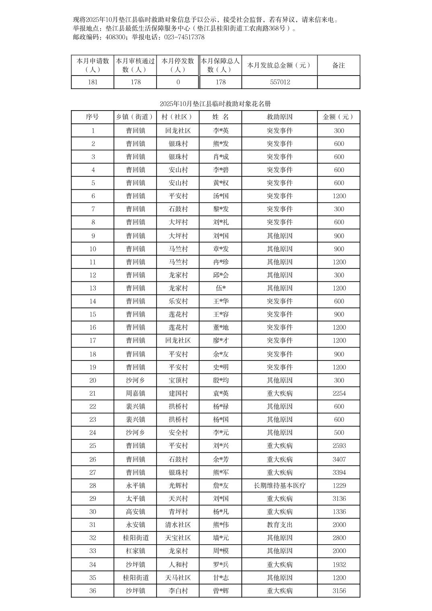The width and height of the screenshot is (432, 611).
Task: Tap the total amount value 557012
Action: click(280, 82)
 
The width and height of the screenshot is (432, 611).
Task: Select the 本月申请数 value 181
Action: click(93, 82)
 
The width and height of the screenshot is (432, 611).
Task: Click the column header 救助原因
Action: click(280, 117)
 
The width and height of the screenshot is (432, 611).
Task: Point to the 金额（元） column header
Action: click(339, 117)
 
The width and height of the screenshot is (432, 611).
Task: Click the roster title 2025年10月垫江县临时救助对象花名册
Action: click(215, 104)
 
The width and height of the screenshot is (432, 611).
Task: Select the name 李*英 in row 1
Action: click(220, 131)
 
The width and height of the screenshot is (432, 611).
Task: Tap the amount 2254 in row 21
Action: click(339, 394)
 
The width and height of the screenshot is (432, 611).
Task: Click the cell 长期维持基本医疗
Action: click(280, 486)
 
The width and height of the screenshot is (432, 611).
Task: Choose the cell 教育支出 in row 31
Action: click(280, 525)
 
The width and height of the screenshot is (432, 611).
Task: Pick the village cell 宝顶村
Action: click(178, 380)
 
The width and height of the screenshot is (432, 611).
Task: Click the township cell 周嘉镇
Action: click(135, 394)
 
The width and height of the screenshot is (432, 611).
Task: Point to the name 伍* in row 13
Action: click(220, 288)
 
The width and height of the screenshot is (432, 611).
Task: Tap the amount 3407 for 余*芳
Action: click(339, 459)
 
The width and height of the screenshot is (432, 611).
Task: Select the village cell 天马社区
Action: click(178, 578)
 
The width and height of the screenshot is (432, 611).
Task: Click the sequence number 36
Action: click(93, 591)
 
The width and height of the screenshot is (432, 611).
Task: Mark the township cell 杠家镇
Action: click(135, 551)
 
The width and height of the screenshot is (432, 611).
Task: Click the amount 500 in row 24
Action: click(339, 433)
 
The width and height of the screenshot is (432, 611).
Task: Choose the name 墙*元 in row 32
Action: click(220, 538)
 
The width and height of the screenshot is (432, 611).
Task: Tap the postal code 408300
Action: click(115, 37)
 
